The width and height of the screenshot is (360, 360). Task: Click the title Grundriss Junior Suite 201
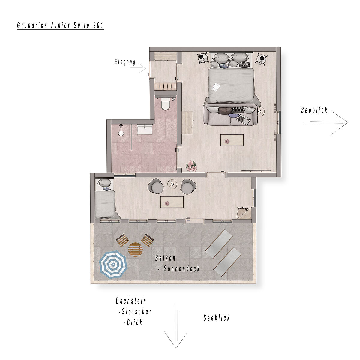pyautogui.click(x=61, y=25)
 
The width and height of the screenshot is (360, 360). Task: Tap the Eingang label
pyautogui.click(x=125, y=62)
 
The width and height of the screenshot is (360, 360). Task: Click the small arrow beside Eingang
pyautogui.click(x=136, y=69)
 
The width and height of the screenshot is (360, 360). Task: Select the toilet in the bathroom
pyautogui.click(x=165, y=105)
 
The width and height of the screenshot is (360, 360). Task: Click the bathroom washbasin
pyautogui.click(x=145, y=130)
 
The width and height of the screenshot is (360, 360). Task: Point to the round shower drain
pyautogui.click(x=121, y=133)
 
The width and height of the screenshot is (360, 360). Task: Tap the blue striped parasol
pyautogui.click(x=113, y=265)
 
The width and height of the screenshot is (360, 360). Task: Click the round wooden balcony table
pyautogui.click(x=135, y=250)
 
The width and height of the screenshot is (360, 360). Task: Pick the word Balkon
pyautogui.click(x=165, y=258)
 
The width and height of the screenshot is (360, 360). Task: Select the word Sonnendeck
pyautogui.click(x=182, y=269)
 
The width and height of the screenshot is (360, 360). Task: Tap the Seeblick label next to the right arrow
pyautogui.click(x=314, y=110)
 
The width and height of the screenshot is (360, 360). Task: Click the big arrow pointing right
pyautogui.click(x=326, y=123)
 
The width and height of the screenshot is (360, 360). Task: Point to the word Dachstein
pyautogui.click(x=131, y=301)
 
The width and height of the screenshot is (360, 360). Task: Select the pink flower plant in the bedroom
pyautogui.click(x=191, y=166)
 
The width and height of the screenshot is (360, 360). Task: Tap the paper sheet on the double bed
pyautogui.click(x=216, y=87)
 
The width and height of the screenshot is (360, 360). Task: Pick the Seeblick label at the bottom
pyautogui.click(x=217, y=318)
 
